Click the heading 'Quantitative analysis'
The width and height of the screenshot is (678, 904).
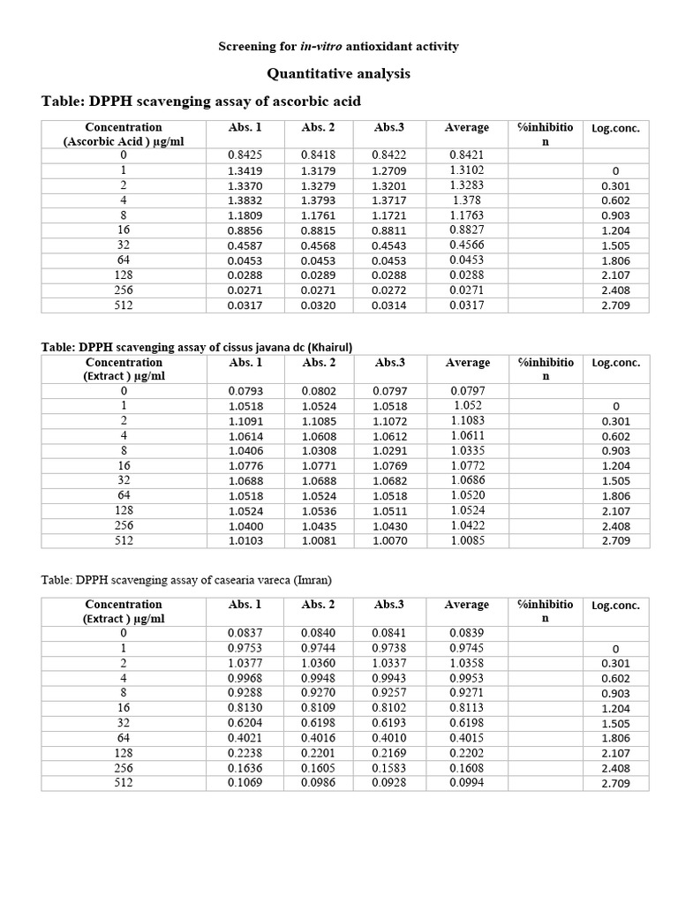point(339,74)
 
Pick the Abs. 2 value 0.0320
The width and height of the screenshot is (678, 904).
point(318,305)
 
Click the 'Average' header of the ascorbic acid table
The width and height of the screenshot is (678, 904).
point(467,128)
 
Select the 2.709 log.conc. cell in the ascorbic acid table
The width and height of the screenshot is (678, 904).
point(615,305)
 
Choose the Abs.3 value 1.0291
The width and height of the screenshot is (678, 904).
point(389,451)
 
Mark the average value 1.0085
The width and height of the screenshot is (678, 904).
point(467,540)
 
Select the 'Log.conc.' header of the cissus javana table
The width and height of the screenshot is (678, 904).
point(615,363)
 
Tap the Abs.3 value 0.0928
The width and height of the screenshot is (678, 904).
point(389,783)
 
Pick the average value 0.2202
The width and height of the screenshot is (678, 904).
point(467,753)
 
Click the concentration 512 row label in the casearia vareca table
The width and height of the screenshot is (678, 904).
point(124,783)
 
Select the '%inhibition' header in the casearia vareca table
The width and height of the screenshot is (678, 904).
point(545,611)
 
